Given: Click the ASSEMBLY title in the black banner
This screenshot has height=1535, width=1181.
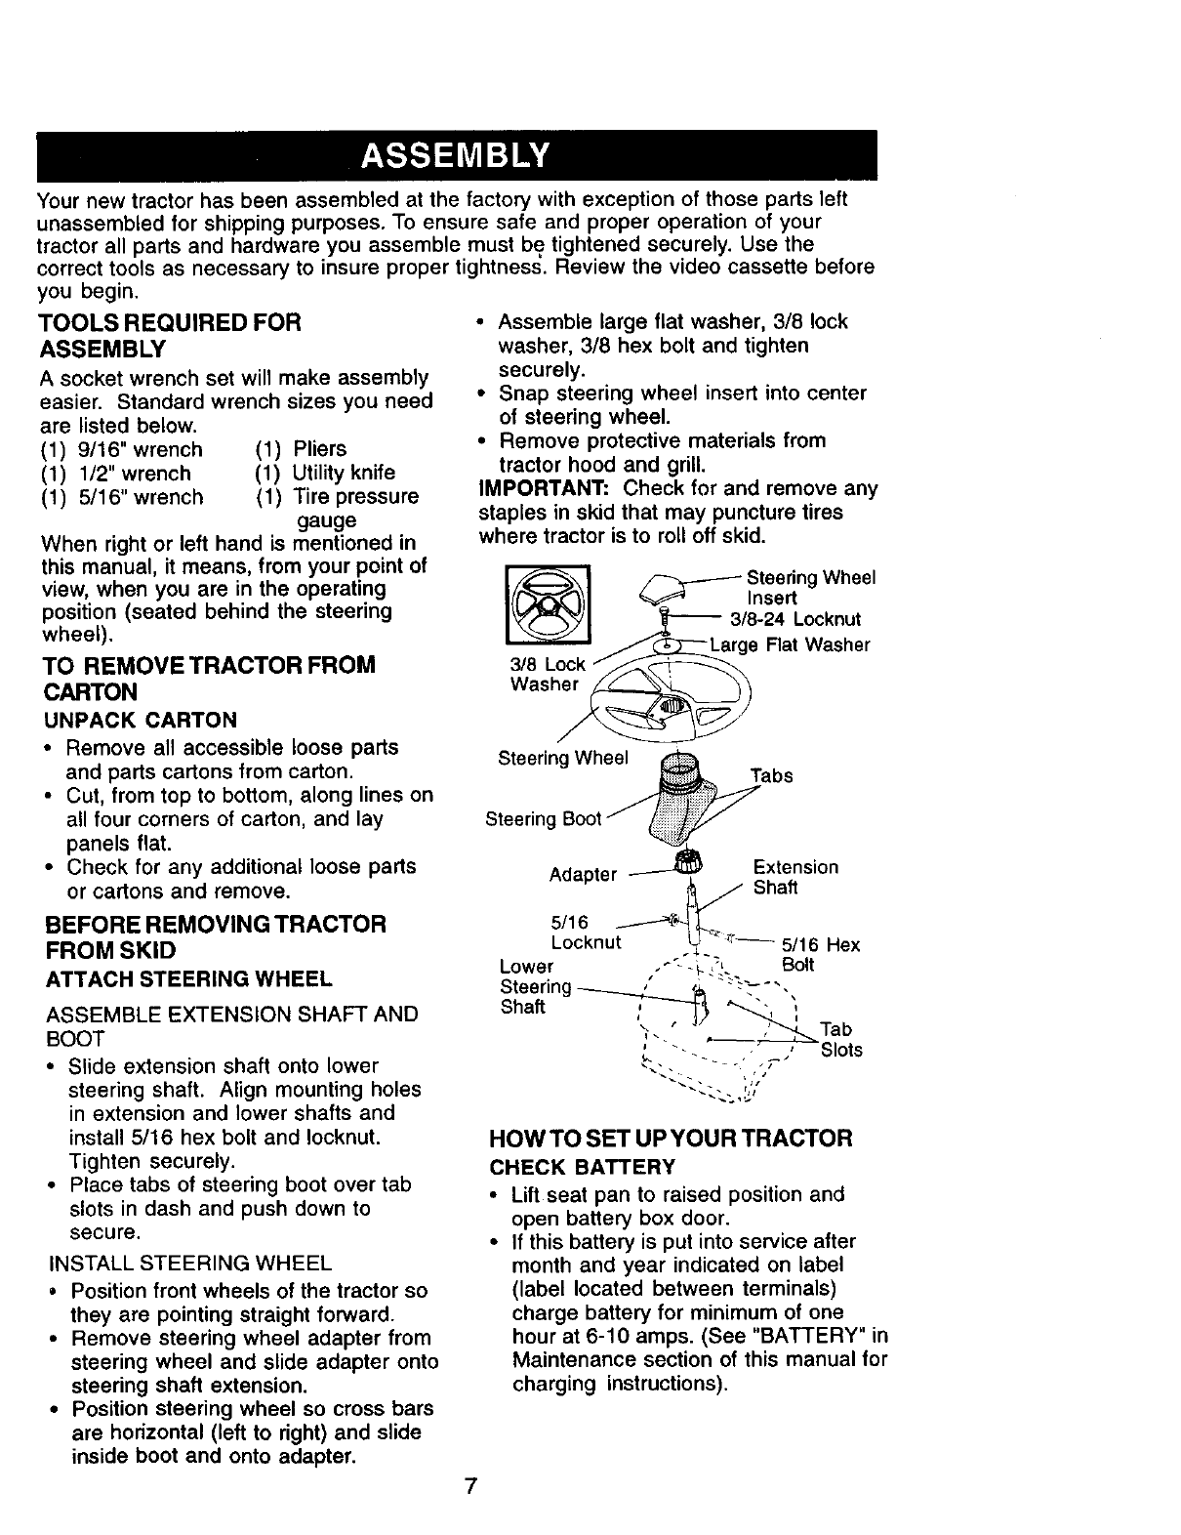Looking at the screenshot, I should pyautogui.click(x=456, y=156).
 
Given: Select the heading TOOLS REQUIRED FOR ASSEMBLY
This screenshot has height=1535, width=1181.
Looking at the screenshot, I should pyautogui.click(x=169, y=335).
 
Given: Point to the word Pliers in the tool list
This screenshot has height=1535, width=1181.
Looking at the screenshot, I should pyautogui.click(x=319, y=449).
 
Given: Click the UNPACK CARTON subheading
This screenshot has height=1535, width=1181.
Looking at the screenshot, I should pyautogui.click(x=139, y=721).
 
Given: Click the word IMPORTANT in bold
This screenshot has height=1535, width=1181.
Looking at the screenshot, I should pyautogui.click(x=544, y=488).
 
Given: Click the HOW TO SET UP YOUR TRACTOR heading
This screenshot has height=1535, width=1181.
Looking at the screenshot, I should pyautogui.click(x=671, y=1139).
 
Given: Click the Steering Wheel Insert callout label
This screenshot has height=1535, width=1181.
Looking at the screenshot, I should pyautogui.click(x=810, y=587).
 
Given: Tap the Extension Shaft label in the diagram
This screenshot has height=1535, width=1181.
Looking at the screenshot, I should pyautogui.click(x=794, y=877).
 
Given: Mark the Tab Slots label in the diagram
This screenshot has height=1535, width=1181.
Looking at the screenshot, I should pyautogui.click(x=840, y=1039).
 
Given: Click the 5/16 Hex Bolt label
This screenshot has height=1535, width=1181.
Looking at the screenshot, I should pyautogui.click(x=818, y=954).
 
